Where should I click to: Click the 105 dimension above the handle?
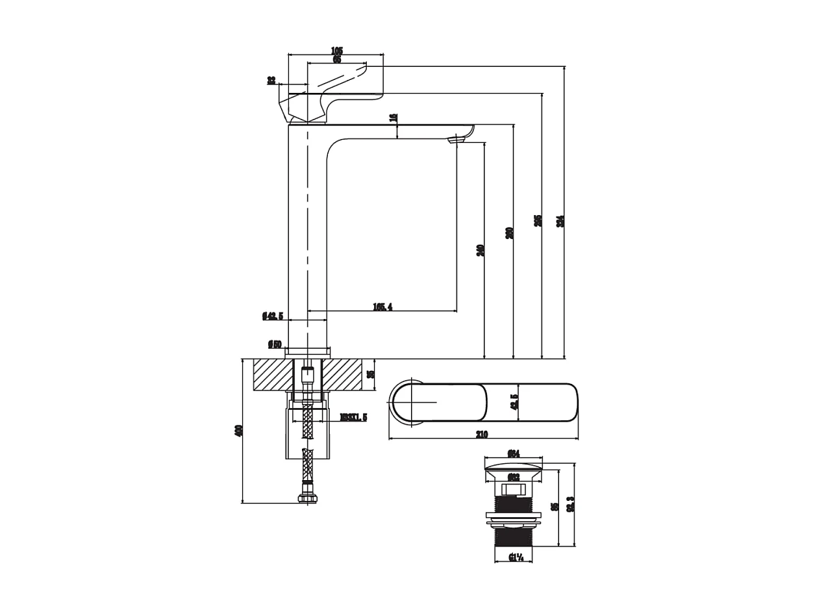336,51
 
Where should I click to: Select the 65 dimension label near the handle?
336,60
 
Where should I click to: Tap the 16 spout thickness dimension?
393,118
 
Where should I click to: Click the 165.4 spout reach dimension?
382,307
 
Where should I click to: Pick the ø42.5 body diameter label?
273,316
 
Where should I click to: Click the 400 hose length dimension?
238,430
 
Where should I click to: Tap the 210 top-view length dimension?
481,435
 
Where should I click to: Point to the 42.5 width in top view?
514,403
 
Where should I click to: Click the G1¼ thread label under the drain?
516,557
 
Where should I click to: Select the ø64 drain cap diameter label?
513,453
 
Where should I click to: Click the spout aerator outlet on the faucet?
458,138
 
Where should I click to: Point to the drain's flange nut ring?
513,518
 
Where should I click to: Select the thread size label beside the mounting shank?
353,417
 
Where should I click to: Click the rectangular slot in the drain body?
513,488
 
